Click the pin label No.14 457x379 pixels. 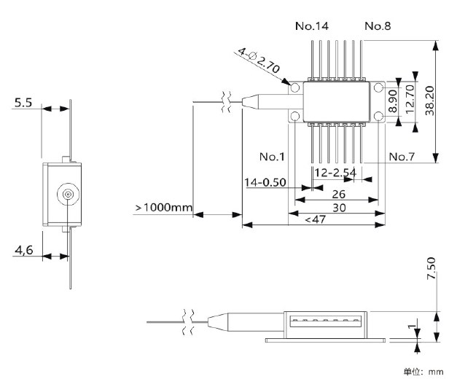(x=311, y=26)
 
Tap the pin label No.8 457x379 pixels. (x=378, y=26)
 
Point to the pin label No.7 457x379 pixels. (x=402, y=157)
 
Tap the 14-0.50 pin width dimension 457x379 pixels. (x=265, y=182)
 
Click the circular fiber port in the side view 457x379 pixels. (x=66, y=195)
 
